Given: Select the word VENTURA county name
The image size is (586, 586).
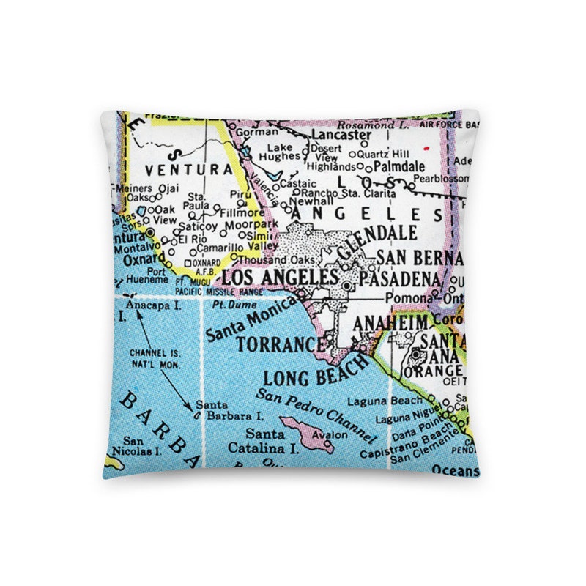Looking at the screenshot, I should click(183, 169).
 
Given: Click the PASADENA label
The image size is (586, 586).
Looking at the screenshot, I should click(398, 281).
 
